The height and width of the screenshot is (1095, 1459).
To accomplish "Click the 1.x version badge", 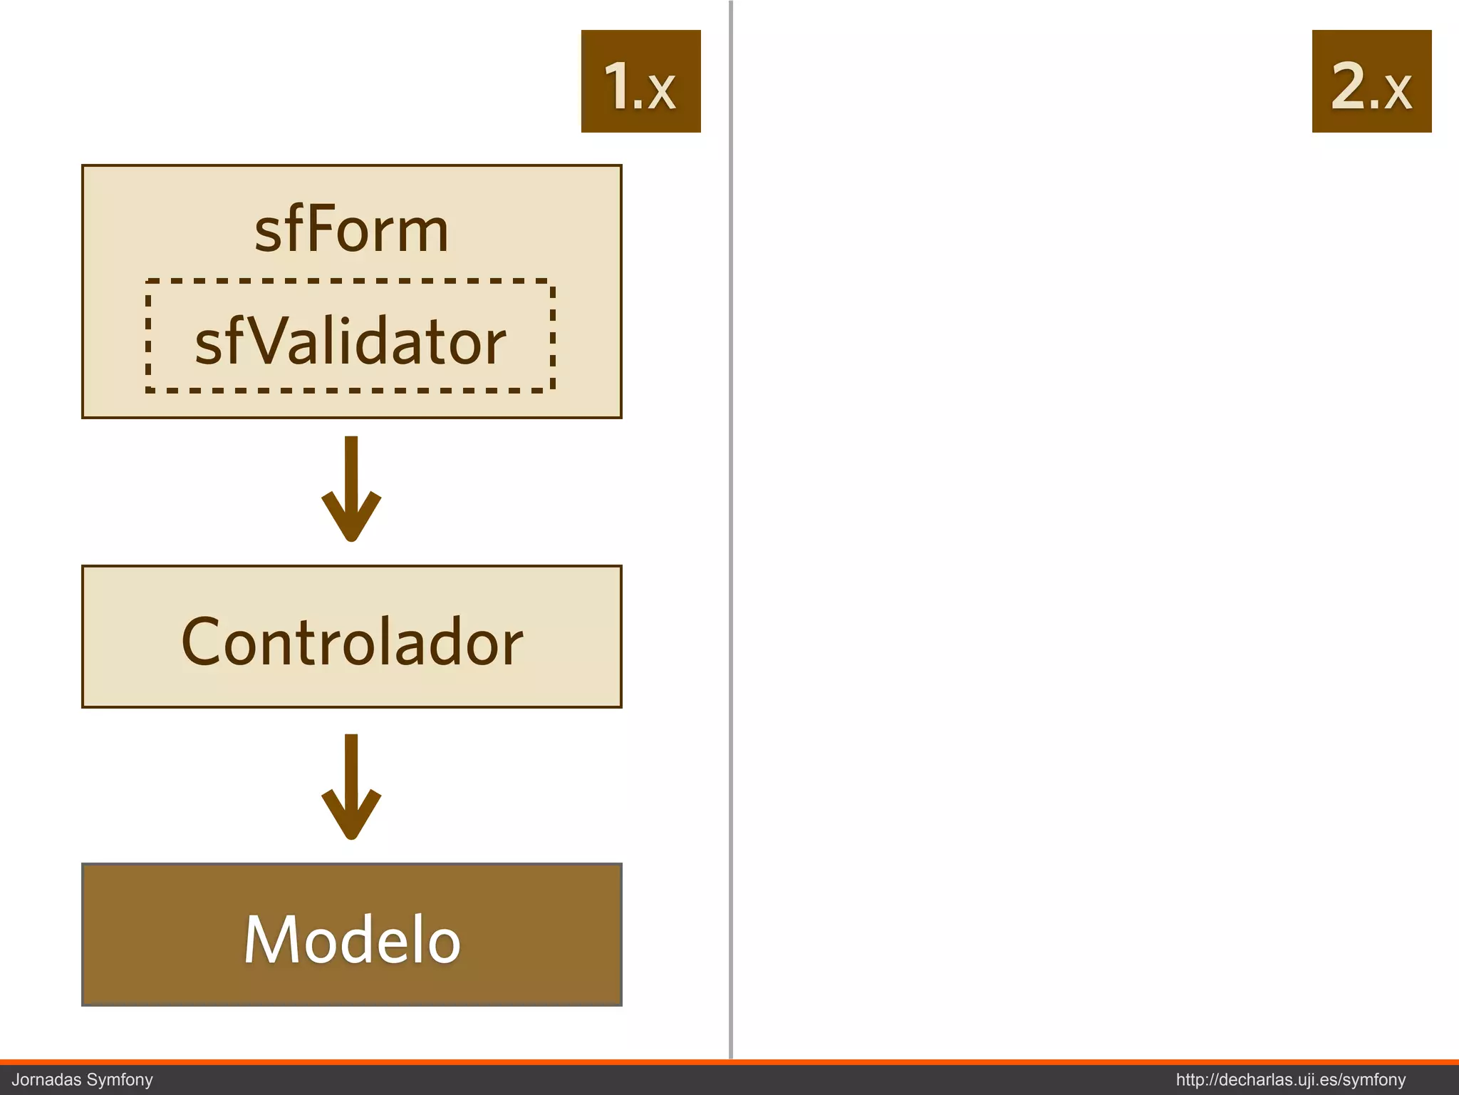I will (x=640, y=81).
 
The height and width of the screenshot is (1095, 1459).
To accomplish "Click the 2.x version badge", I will (x=1371, y=81).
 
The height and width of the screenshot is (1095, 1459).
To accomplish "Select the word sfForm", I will (x=351, y=230).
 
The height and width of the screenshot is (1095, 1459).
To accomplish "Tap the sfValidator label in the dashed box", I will (x=350, y=341).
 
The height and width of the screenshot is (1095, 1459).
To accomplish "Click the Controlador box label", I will (x=352, y=641).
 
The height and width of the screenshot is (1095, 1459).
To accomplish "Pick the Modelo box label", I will (x=352, y=939).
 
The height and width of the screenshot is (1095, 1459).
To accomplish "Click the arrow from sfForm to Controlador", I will (x=351, y=488).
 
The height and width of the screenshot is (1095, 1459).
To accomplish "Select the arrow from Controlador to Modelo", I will (x=351, y=786).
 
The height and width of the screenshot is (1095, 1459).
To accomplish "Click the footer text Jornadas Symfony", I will (x=83, y=1079).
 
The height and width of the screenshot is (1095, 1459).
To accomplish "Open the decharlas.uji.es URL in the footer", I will (x=1290, y=1079).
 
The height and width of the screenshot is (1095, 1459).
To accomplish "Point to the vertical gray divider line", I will (x=731, y=528).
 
